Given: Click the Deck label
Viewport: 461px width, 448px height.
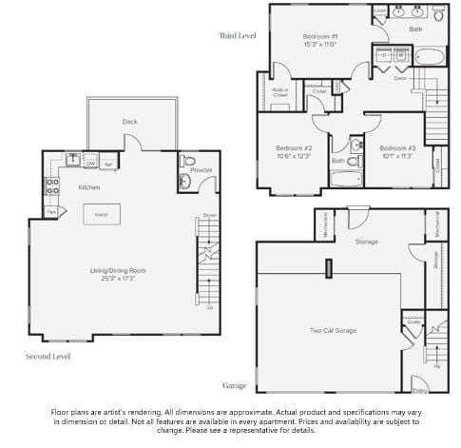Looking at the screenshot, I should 129,122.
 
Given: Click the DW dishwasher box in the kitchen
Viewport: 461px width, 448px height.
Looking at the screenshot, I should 91,164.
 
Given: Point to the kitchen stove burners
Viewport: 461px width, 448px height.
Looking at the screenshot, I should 51,186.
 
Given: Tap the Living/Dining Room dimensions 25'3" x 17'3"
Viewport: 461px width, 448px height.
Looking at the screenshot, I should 125,279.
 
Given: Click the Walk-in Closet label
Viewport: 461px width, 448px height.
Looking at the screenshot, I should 279,93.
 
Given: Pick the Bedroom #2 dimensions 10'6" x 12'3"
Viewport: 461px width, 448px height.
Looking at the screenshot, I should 294,157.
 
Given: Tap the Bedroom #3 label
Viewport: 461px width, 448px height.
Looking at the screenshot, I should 397,148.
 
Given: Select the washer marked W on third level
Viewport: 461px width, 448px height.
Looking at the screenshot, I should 380,55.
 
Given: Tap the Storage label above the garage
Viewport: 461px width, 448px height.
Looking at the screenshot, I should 366,242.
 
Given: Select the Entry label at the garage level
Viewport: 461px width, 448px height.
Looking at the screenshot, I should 419,390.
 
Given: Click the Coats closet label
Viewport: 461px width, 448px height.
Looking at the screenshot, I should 413,322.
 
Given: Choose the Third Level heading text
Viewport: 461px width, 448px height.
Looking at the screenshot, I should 238,35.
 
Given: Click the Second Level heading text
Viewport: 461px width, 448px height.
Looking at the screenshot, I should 48,356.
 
